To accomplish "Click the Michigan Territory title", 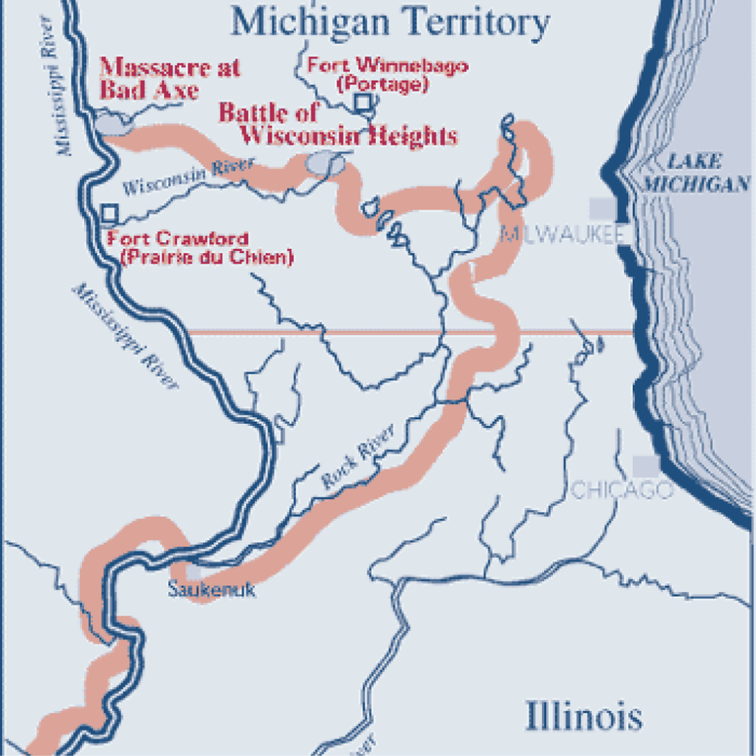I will pos(390,22).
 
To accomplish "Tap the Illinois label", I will pos(583,716).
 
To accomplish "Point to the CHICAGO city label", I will pos(622,489).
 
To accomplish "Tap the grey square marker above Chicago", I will pos(646,465).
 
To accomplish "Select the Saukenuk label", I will pos(211,590).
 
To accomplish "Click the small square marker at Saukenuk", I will pos(193,571).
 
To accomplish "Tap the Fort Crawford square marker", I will pos(109,213).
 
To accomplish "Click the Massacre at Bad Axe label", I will pos(170,78).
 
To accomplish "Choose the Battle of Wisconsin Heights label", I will pos(337,124).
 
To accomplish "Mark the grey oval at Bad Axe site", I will pos(111,125).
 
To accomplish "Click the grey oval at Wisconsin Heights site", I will pos(324,164).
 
